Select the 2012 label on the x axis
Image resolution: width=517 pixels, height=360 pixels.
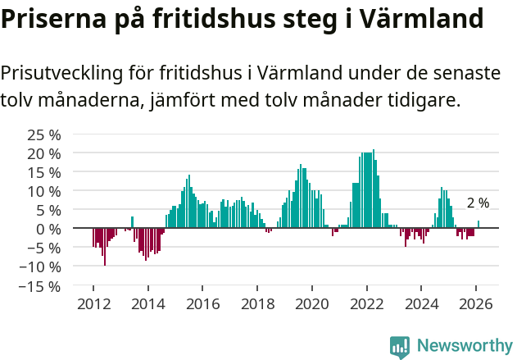[93, 303]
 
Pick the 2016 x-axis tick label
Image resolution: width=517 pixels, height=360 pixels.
[202, 303]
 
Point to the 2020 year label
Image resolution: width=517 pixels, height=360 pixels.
[311, 303]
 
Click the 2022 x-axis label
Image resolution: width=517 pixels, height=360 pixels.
[366, 303]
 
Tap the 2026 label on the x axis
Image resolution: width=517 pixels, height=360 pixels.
[475, 303]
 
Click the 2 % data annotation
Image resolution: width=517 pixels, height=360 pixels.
[478, 203]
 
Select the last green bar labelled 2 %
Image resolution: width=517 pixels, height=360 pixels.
[478, 225]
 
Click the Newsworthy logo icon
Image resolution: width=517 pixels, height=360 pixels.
[400, 347]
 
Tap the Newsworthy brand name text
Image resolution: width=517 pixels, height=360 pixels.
[464, 347]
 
